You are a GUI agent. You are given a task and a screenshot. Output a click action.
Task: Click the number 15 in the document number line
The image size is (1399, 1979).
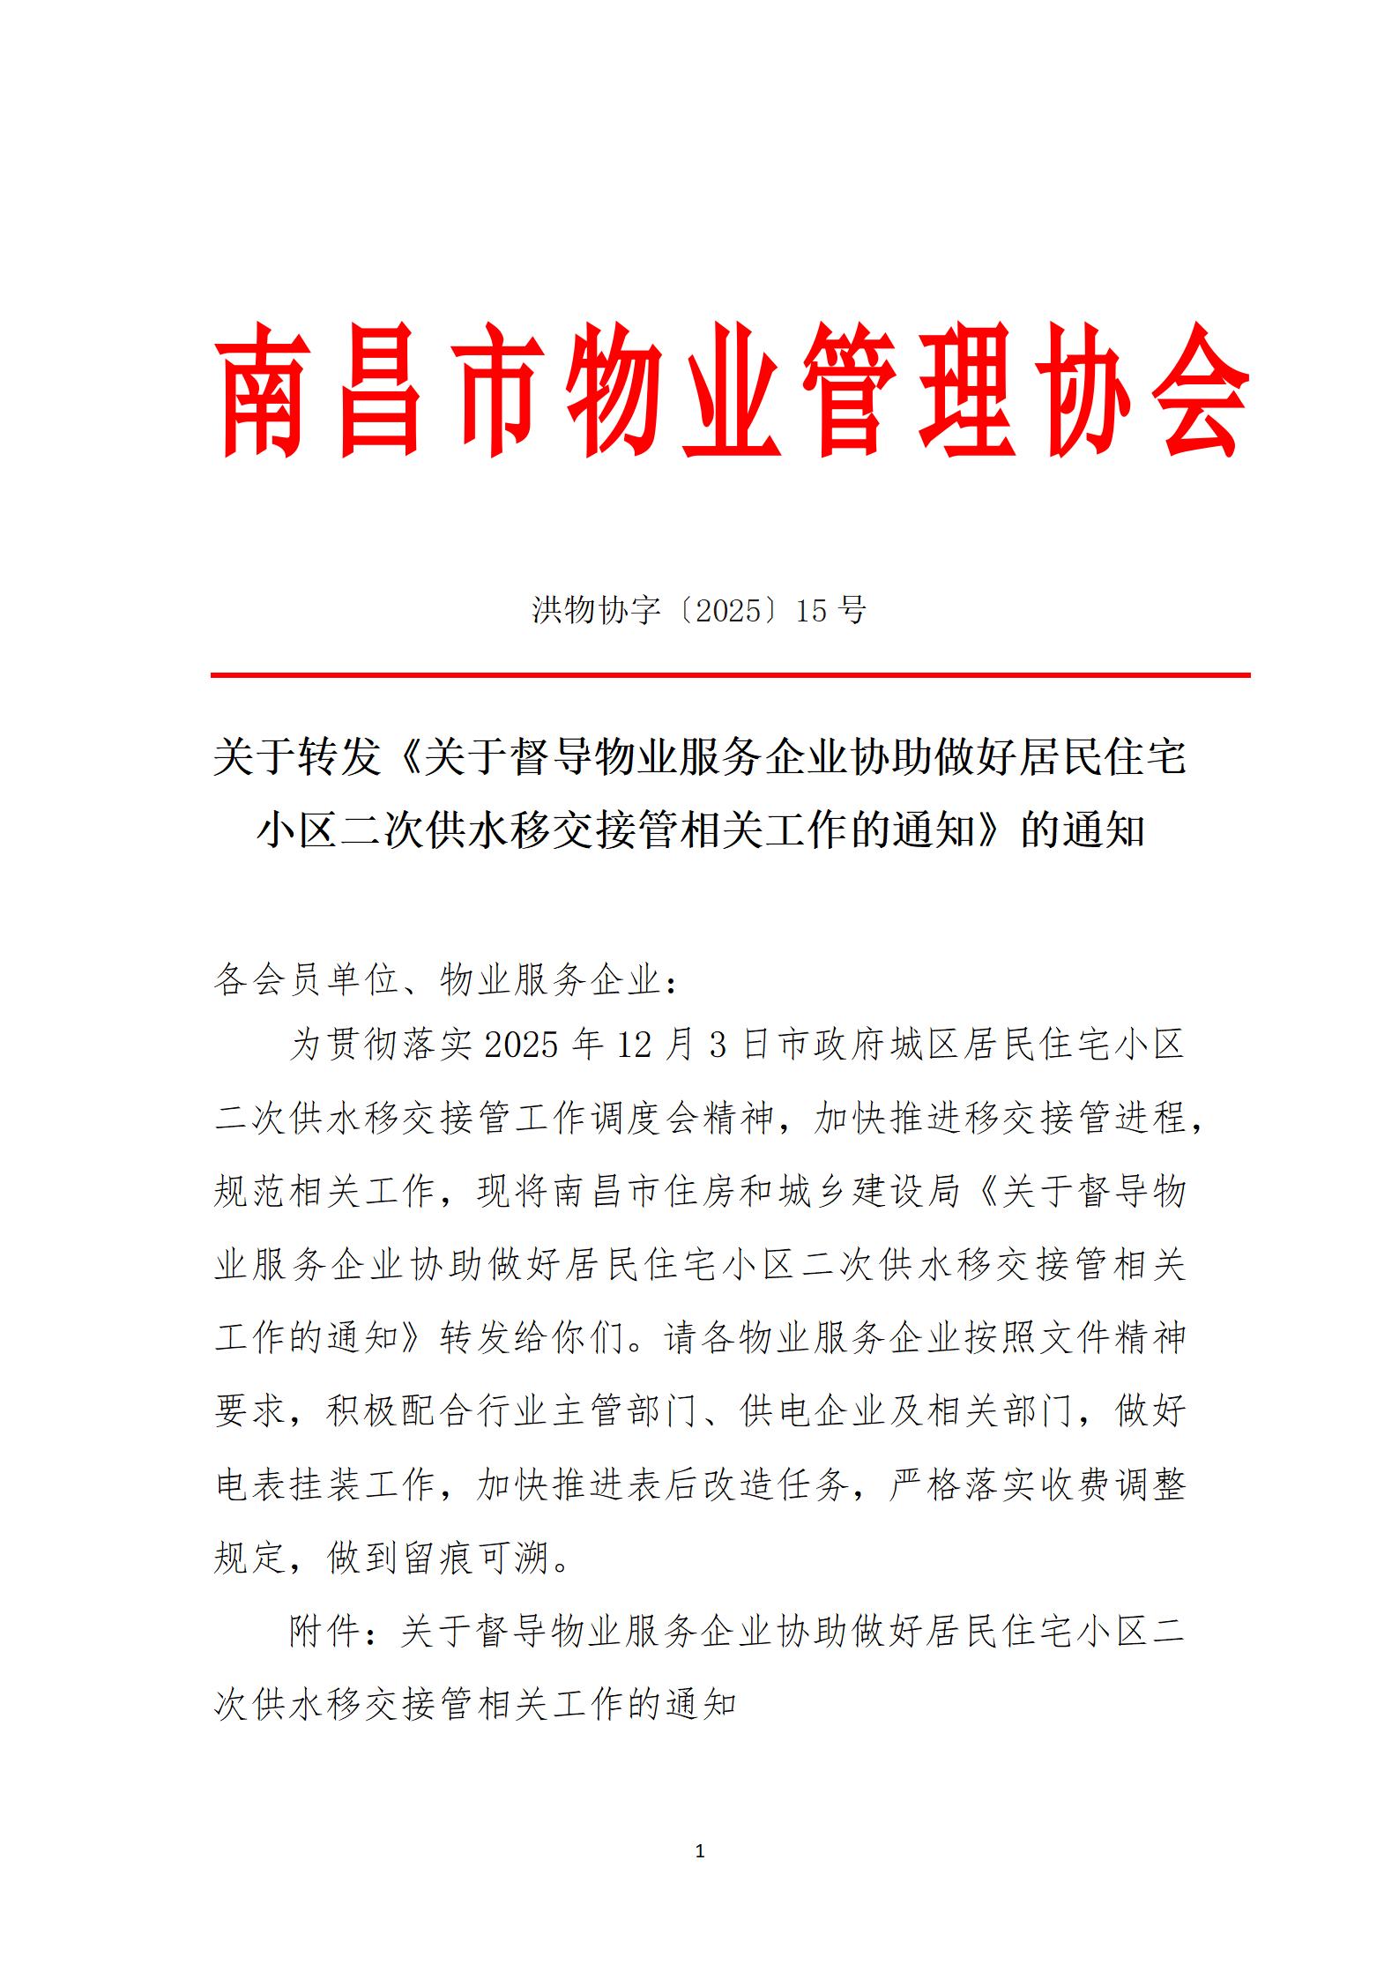click(811, 610)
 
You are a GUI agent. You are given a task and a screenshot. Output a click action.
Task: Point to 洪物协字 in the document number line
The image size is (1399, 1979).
click(597, 610)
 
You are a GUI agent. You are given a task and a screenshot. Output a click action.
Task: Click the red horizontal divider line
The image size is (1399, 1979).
click(730, 675)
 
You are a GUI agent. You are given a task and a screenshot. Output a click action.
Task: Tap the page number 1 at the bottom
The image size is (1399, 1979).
click(700, 1851)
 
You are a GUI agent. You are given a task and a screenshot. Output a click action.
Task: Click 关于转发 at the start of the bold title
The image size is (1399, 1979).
click(296, 757)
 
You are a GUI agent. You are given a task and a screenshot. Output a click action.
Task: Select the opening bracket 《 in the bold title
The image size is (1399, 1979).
click(402, 757)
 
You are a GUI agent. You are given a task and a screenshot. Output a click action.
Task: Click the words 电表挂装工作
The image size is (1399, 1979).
click(325, 1484)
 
